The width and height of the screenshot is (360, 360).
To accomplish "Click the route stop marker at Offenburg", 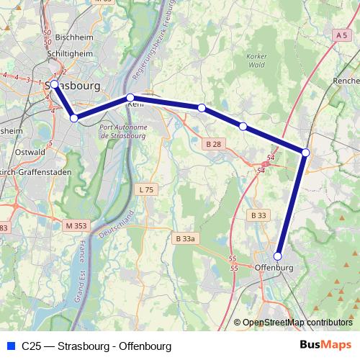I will coord(278,255).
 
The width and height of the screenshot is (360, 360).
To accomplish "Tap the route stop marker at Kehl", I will coord(130,97).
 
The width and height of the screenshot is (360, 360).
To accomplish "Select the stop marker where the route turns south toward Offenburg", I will coord(305,153).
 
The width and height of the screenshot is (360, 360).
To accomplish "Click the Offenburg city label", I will coord(274,268).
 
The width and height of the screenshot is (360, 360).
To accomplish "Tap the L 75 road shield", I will coord(145,189).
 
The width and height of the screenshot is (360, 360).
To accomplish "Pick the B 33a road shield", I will coord(186,238).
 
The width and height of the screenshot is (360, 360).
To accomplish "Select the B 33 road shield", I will coord(258,215).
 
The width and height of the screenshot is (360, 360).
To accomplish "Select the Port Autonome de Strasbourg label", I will coord(122,131).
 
